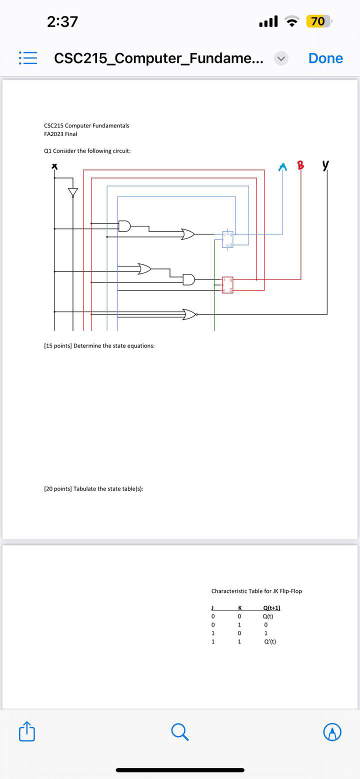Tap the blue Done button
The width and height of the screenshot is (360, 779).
pyautogui.click(x=325, y=58)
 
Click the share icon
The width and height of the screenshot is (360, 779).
pyautogui.click(x=27, y=731)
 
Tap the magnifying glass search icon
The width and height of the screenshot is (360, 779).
pyautogui.click(x=179, y=732)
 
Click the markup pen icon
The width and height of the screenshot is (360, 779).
pyautogui.click(x=332, y=732)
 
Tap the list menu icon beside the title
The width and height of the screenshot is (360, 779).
pyautogui.click(x=27, y=58)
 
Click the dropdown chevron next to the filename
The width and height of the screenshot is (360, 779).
pyautogui.click(x=281, y=58)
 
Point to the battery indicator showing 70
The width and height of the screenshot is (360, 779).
pyautogui.click(x=318, y=21)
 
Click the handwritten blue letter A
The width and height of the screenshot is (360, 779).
pyautogui.click(x=283, y=166)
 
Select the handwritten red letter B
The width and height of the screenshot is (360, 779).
pyautogui.click(x=300, y=165)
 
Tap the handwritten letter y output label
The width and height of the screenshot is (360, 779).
pyautogui.click(x=326, y=165)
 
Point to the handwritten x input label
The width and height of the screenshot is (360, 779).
pyautogui.click(x=55, y=166)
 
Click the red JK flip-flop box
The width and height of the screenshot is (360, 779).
pyautogui.click(x=227, y=284)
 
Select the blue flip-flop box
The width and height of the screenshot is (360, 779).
pyautogui.click(x=227, y=239)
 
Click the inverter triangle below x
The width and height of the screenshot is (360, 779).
pyautogui.click(x=73, y=192)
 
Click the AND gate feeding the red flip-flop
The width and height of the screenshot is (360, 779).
pyautogui.click(x=189, y=279)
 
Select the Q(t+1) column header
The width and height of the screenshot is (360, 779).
pyautogui.click(x=271, y=607)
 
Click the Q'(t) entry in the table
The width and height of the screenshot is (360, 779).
pyautogui.click(x=269, y=641)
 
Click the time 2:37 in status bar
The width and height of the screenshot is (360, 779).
pyautogui.click(x=62, y=21)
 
